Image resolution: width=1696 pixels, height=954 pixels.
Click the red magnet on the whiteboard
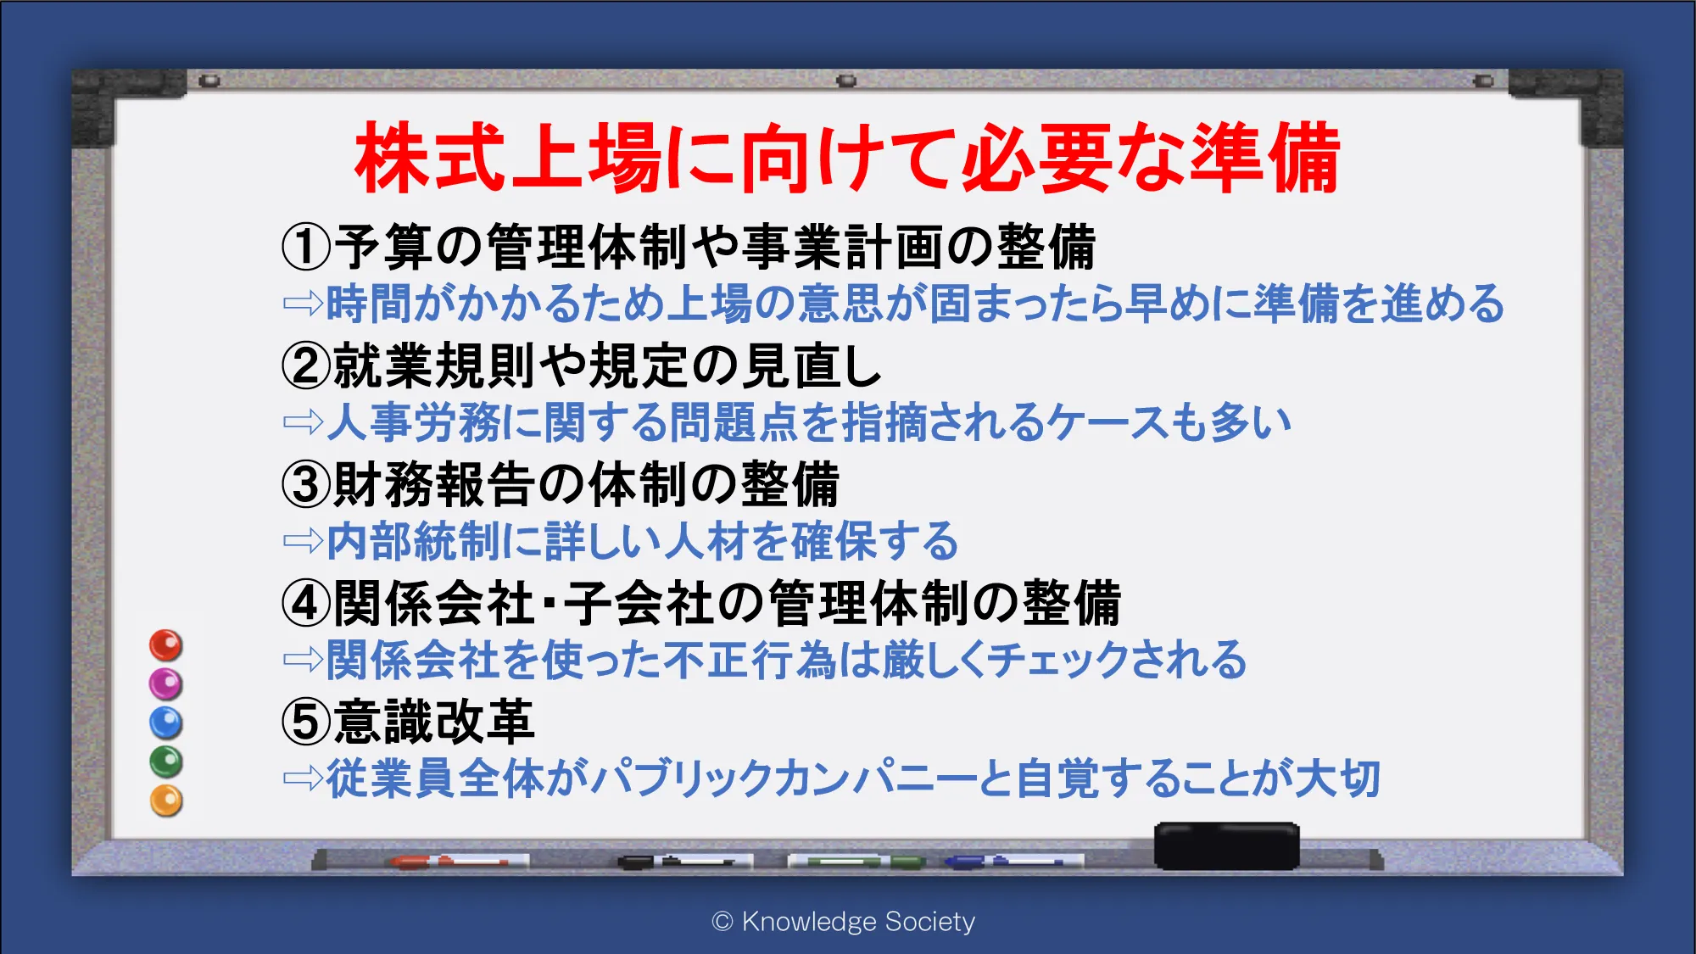point(166,645)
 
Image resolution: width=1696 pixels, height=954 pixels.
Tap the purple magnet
point(166,683)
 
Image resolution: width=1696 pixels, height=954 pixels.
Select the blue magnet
point(166,722)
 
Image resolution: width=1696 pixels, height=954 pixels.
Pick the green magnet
point(166,762)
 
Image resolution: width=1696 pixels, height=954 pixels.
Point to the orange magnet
point(166,801)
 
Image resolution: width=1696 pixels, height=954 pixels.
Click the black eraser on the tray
point(1226,845)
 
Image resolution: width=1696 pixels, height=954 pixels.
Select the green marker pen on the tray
point(856,862)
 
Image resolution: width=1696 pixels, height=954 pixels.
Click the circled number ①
point(305,247)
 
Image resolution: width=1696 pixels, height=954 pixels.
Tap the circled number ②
point(305,365)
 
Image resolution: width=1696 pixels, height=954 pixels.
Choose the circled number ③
point(305,484)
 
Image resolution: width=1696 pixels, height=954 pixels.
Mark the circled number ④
point(305,603)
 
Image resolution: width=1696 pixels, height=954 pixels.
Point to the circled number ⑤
point(305,722)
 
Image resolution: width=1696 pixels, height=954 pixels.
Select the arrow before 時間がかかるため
point(304,304)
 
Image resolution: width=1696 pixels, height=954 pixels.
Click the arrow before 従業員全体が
point(304,778)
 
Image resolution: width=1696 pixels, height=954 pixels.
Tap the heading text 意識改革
point(433,722)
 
